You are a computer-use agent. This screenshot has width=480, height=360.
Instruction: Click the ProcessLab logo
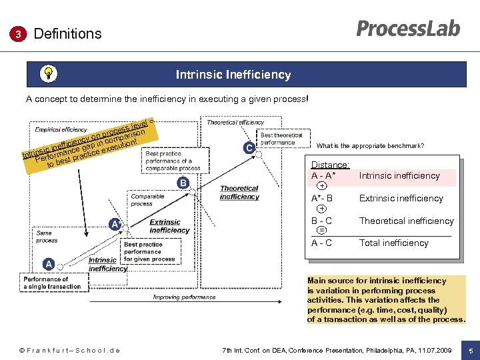pos(407,29)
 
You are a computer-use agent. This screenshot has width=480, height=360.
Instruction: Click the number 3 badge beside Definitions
pos(21,34)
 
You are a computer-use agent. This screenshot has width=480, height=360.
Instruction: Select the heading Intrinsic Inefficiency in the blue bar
pos(233,75)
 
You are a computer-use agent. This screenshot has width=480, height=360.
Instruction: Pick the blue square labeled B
pos(182,183)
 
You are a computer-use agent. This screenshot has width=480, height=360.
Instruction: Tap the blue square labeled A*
pos(116,225)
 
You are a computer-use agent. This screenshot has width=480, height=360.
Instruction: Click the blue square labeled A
pos(49,264)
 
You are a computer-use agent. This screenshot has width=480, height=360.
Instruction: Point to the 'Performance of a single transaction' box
pos(52,283)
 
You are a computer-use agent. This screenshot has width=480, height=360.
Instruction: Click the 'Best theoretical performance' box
pos(281,139)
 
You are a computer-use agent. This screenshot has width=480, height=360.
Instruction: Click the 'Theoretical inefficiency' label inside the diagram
pos(239,193)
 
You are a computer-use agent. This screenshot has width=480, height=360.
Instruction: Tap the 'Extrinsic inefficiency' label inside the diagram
pos(169,226)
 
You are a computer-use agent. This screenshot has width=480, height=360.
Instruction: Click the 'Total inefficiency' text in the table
pos(393,243)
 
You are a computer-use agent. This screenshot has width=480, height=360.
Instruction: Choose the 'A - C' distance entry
pos(321,243)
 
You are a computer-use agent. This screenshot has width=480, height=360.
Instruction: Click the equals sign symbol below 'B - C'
pos(322,230)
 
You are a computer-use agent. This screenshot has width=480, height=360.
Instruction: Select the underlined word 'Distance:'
pos(330,165)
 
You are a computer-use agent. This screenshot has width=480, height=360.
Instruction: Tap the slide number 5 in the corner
pos(470,351)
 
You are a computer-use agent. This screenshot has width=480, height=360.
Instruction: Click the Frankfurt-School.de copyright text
pos(69,351)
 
